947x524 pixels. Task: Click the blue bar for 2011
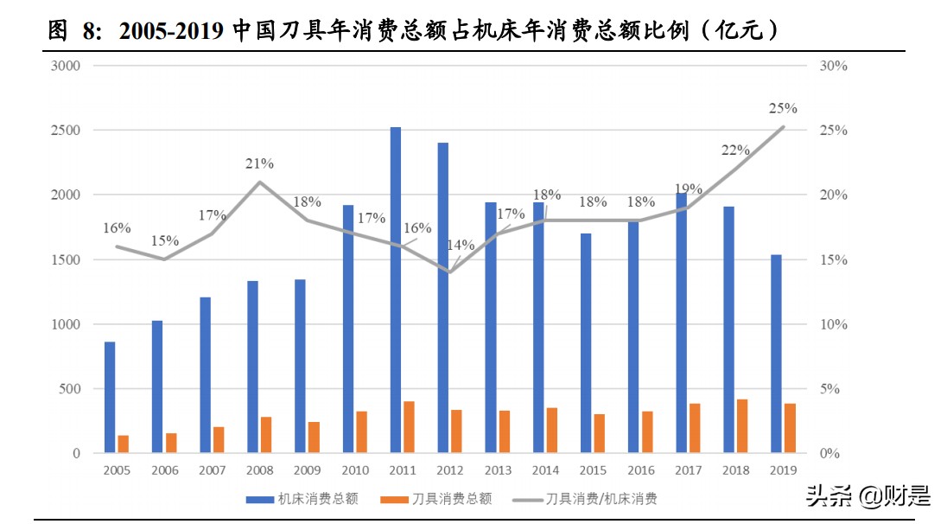click(x=396, y=290)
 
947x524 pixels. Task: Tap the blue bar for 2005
click(x=110, y=397)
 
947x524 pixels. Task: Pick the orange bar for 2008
click(x=266, y=435)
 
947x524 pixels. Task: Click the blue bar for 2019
click(x=776, y=354)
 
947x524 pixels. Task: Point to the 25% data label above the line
click(x=782, y=109)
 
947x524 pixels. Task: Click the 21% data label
click(x=259, y=163)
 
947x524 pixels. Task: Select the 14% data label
click(x=461, y=245)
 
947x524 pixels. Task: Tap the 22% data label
click(x=735, y=150)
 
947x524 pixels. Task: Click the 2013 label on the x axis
click(x=498, y=470)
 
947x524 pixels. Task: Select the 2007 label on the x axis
click(x=212, y=470)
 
